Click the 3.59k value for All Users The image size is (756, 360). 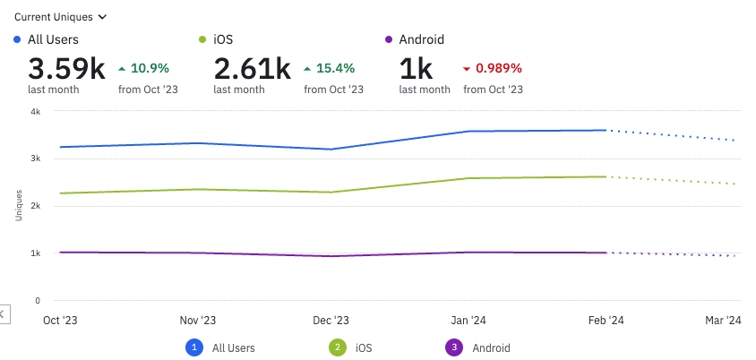[x=66, y=68]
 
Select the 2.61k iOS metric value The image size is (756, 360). [x=252, y=68]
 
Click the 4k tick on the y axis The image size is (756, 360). [x=35, y=112]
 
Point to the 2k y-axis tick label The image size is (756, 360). [x=35, y=206]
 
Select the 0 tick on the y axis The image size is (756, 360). [x=37, y=301]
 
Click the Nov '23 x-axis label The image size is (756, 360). [x=197, y=321]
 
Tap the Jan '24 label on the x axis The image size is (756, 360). [x=468, y=321]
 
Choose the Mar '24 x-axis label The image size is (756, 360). [x=724, y=321]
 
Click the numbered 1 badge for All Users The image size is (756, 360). [x=193, y=347]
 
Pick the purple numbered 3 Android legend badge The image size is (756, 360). [x=452, y=347]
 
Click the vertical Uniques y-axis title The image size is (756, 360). [x=19, y=206]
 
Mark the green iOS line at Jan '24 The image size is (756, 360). [x=468, y=178]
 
